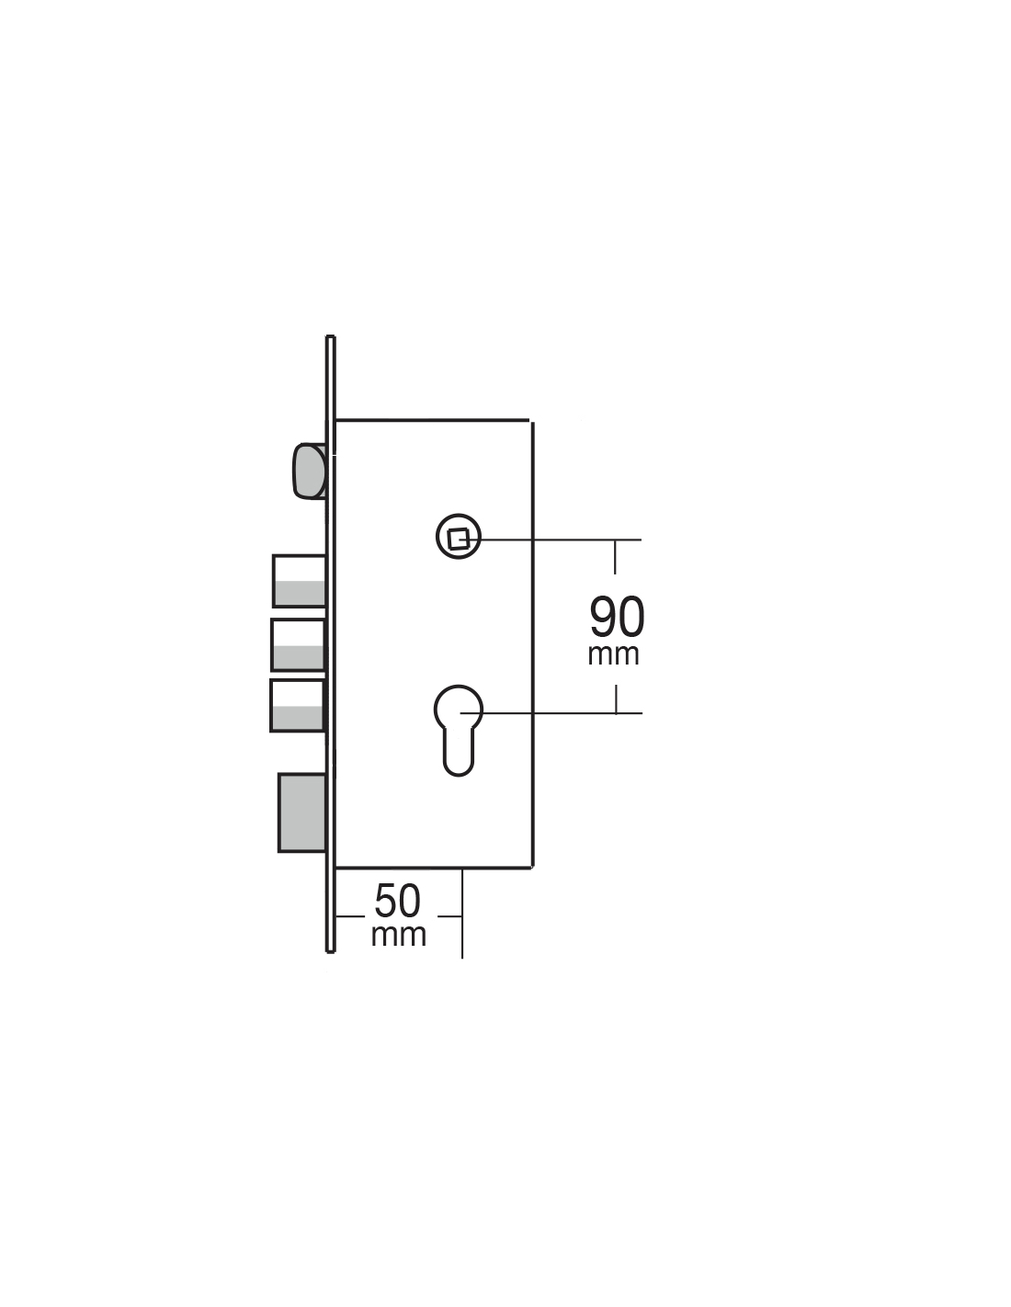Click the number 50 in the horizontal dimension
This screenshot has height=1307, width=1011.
point(397,901)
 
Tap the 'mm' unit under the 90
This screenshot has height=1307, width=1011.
point(613,655)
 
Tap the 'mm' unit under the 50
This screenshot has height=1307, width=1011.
point(398,936)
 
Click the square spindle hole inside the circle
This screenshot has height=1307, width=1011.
point(459,538)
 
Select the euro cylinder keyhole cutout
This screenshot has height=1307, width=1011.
point(459,730)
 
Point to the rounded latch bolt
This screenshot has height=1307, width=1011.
point(309,471)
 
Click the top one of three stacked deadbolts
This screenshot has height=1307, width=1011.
point(299,581)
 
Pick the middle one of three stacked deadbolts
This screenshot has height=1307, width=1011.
point(298,645)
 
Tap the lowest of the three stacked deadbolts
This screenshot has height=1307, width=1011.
point(297,706)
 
